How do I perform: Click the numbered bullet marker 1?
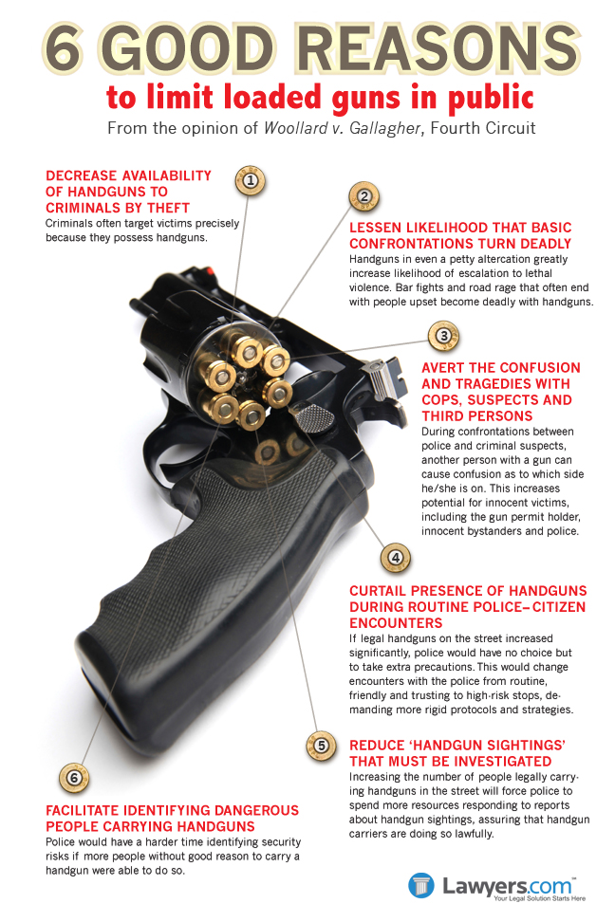[251, 180]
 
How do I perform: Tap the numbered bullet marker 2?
[364, 196]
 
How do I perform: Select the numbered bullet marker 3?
[444, 336]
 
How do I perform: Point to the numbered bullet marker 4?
[396, 558]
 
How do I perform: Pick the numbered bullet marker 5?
[322, 746]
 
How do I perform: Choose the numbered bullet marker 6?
[74, 778]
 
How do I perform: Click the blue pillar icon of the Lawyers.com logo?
[420, 886]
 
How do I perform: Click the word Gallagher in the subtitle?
[385, 128]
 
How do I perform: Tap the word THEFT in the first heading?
[168, 208]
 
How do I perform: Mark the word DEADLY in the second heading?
[544, 244]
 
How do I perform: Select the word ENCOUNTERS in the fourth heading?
[396, 623]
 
